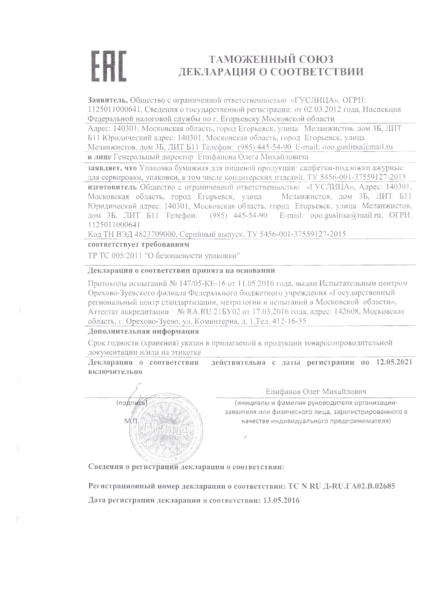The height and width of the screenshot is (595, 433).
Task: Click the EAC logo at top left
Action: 108,66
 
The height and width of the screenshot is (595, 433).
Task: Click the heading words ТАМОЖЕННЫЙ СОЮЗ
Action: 271,59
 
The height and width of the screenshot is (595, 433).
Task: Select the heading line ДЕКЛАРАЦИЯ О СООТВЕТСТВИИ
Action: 271,72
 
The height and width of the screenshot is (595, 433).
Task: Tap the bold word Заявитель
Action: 107,100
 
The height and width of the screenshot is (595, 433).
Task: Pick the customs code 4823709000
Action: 155,234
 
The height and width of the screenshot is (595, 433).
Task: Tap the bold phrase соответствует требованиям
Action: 138,245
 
